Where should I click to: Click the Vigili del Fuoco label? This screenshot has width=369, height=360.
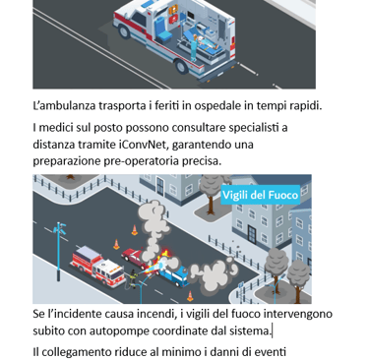coord(260,195)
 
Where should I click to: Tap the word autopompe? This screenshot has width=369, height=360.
coord(120,331)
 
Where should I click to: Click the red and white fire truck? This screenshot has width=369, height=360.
coord(97,266)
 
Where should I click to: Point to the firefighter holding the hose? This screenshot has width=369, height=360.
coord(133,278)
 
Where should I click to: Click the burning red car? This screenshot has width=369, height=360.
coord(139,258)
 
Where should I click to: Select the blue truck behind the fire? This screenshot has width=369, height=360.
coord(174,274)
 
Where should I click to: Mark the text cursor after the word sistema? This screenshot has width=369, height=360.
coord(272,331)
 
